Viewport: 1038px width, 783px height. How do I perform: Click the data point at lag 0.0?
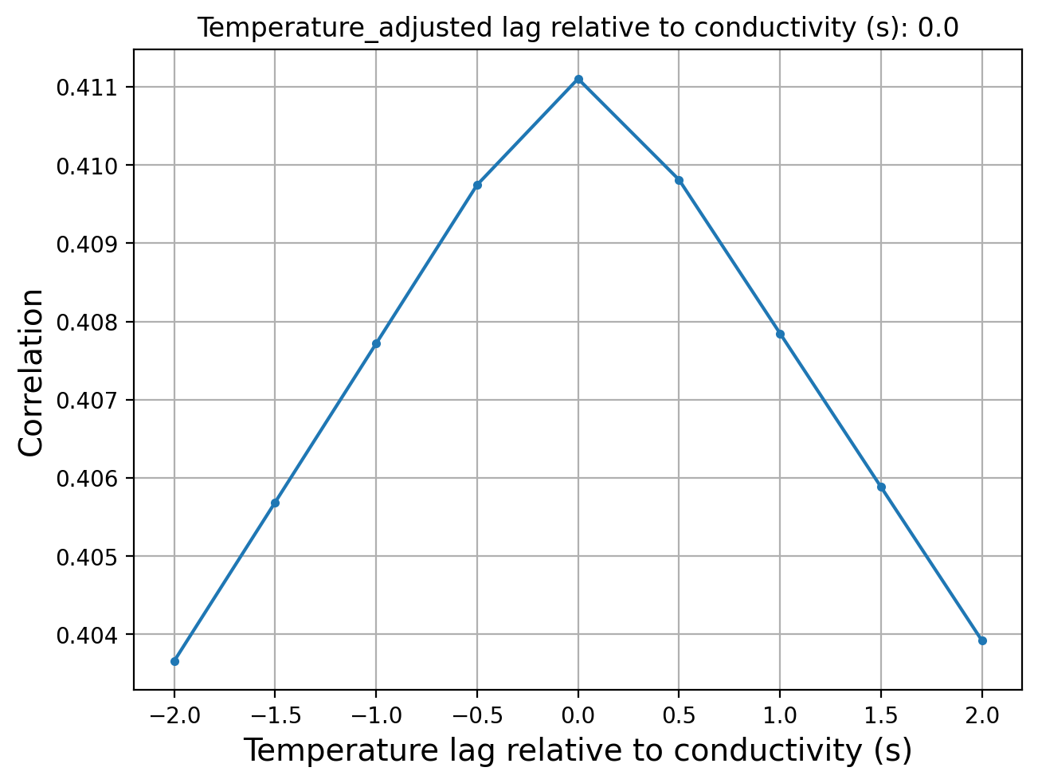pos(578,79)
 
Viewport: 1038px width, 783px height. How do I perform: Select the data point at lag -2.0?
pos(174,661)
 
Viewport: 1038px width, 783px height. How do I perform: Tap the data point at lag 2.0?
pos(982,641)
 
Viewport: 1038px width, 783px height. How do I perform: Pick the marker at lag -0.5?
pos(477,185)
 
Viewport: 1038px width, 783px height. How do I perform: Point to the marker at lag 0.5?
pos(679,180)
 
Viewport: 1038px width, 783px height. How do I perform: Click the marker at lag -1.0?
pos(376,344)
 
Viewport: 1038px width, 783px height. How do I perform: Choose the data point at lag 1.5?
pos(881,487)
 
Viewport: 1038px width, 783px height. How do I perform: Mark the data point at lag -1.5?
pos(275,503)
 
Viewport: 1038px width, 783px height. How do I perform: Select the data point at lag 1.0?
pos(780,335)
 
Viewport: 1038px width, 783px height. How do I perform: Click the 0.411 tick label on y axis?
pos(87,88)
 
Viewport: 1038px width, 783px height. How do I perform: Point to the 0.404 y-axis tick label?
pos(87,635)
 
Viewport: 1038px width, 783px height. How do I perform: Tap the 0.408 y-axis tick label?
pos(87,322)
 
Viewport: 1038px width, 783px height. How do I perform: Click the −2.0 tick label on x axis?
pos(174,715)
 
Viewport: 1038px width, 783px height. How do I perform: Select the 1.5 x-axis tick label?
pos(881,715)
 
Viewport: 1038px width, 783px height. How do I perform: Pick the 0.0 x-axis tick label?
pos(578,715)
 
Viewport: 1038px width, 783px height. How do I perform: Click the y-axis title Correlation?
pos(31,373)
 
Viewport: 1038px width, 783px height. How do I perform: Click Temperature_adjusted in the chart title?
pos(344,27)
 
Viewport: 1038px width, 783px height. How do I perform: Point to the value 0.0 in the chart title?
pos(938,27)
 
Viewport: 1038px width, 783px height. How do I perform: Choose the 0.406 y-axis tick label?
pos(87,479)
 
